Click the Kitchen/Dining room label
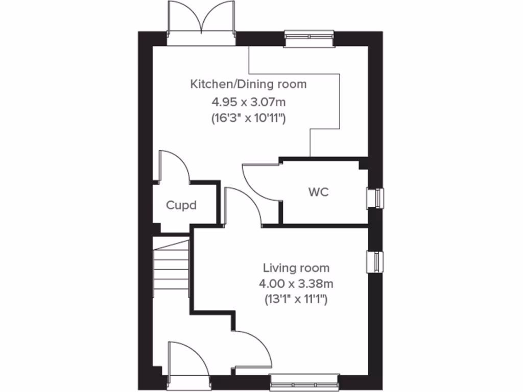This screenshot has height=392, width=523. point(248,84)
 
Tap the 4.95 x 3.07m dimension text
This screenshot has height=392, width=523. point(248,101)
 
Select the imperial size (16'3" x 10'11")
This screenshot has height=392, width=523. point(248,118)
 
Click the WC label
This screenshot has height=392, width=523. point(318,192)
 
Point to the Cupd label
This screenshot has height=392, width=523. point(181,205)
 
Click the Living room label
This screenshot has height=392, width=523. point(296,267)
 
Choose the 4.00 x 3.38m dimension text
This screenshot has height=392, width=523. point(296,283)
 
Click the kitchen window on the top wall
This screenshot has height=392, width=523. point(309,37)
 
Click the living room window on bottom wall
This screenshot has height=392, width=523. point(304,382)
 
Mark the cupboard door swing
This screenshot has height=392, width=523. point(174,166)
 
